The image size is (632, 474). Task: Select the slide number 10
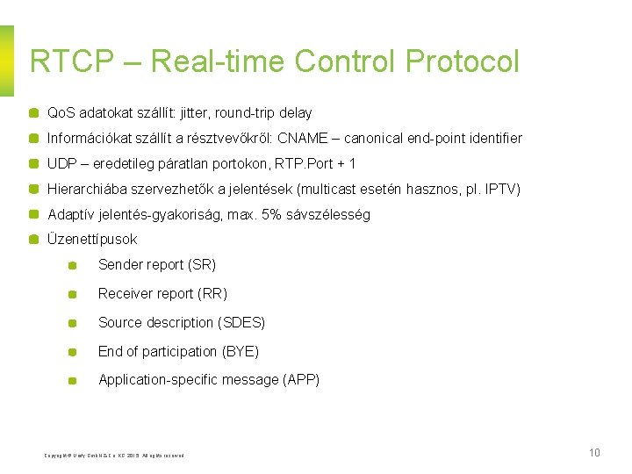[594, 453]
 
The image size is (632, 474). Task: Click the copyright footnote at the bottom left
[114, 455]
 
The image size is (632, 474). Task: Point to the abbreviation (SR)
[202, 264]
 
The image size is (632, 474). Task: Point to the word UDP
[61, 163]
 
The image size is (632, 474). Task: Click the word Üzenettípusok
[92, 239]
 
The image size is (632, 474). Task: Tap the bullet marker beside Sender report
[74, 265]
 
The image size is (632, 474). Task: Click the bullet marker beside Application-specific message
[74, 381]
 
